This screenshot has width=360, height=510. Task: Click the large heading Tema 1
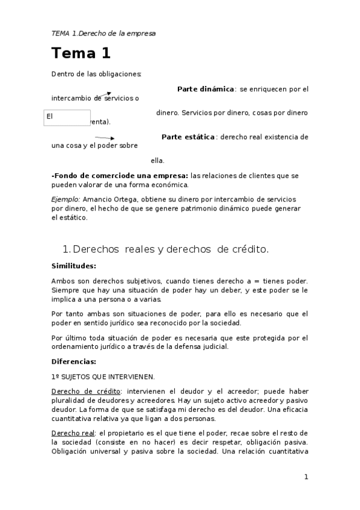click(81, 54)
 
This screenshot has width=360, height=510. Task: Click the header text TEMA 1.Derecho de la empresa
click(103, 33)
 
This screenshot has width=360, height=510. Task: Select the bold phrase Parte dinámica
click(206, 89)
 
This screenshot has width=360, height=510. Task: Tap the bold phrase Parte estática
click(188, 137)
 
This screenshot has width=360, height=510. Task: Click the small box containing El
click(67, 117)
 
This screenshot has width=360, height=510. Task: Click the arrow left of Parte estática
click(105, 139)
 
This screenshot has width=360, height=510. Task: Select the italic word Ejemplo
click(66, 199)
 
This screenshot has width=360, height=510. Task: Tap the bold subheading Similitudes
click(74, 265)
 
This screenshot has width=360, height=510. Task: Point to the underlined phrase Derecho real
click(72, 433)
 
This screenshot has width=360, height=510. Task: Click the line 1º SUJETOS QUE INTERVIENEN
click(103, 376)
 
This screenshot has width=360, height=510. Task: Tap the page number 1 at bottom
click(306, 477)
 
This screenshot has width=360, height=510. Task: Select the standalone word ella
click(157, 161)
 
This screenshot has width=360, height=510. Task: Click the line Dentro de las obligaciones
click(96, 74)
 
